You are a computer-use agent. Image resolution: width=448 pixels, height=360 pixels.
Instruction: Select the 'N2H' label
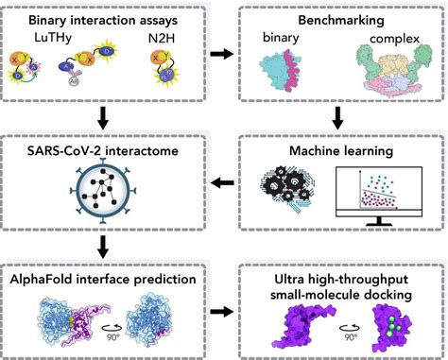click(162, 40)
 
